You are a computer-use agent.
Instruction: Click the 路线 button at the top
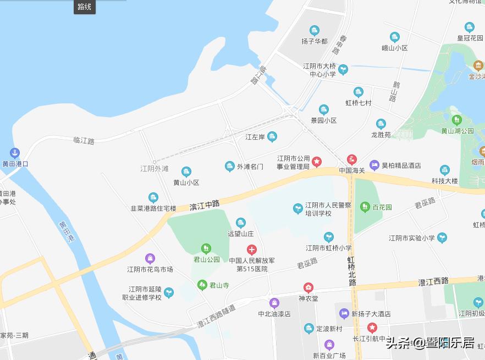pos(85,7)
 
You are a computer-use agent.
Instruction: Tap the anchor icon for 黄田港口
pos(15,152)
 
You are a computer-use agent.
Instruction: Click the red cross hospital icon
pos(252,250)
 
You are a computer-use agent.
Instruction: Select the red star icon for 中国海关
pos(352,160)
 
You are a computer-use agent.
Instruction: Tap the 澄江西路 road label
pos(433,281)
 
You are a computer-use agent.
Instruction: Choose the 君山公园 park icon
pos(206,249)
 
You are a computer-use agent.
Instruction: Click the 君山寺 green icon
pos(202,285)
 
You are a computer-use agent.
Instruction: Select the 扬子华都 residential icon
pos(315,30)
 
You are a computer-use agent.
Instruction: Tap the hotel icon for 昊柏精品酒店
pos(374,164)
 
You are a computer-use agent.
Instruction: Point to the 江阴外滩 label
pos(155,168)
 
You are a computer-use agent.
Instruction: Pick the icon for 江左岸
pos(272,136)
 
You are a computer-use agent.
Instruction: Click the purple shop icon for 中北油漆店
pos(274,303)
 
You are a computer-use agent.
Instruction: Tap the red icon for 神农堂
pos(308,287)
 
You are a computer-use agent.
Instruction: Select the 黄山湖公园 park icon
pos(456,119)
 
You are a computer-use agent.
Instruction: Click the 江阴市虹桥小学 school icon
pos(329,237)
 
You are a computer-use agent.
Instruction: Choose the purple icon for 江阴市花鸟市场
pos(150,258)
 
